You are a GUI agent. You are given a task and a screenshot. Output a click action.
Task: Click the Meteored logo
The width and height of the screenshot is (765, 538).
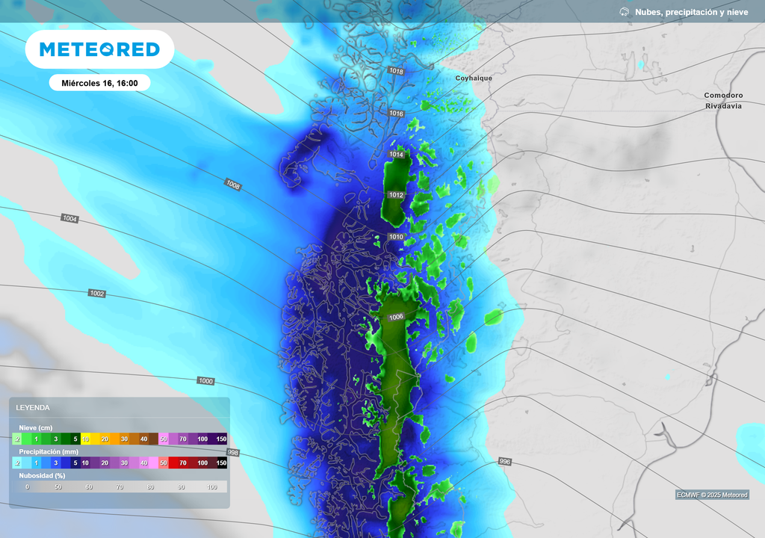[99, 49]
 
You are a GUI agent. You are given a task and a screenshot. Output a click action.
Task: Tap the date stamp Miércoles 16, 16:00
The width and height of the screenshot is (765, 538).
[100, 83]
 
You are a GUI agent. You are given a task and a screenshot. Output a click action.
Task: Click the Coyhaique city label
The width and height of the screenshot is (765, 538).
[474, 78]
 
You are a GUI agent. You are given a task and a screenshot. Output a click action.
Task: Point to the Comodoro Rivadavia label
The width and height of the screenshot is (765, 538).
[723, 101]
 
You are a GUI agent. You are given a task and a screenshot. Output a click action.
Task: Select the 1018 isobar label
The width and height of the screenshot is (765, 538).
[396, 72]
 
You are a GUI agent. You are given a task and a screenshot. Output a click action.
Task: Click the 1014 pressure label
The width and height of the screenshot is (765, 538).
[396, 155]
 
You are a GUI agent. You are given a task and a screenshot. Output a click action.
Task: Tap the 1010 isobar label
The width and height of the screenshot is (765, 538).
[396, 237]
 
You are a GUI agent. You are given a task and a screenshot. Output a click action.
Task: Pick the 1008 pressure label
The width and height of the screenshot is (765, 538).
[232, 184]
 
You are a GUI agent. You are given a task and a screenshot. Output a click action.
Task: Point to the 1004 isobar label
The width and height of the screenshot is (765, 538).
[69, 218]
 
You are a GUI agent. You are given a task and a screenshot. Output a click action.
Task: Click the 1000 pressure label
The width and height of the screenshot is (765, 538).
[205, 381]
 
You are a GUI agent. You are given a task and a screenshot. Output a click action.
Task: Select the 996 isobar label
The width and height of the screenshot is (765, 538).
[504, 462]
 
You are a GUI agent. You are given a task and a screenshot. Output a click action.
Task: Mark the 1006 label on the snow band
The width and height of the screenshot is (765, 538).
[396, 317]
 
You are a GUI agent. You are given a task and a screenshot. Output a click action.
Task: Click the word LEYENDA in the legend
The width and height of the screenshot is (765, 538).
[33, 408]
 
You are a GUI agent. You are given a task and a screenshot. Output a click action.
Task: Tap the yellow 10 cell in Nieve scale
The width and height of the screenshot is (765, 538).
[85, 439]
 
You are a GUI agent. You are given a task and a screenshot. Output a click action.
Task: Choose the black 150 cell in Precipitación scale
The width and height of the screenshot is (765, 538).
[221, 463]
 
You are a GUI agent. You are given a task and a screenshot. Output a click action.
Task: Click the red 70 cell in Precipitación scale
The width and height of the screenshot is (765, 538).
[182, 463]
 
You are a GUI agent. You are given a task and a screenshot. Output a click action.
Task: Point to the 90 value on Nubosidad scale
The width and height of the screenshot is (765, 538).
[181, 487]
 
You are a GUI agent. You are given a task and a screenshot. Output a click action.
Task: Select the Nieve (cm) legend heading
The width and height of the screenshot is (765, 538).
[35, 428]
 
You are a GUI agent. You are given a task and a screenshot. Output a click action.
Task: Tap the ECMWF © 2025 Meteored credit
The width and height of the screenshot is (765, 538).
[712, 495]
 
